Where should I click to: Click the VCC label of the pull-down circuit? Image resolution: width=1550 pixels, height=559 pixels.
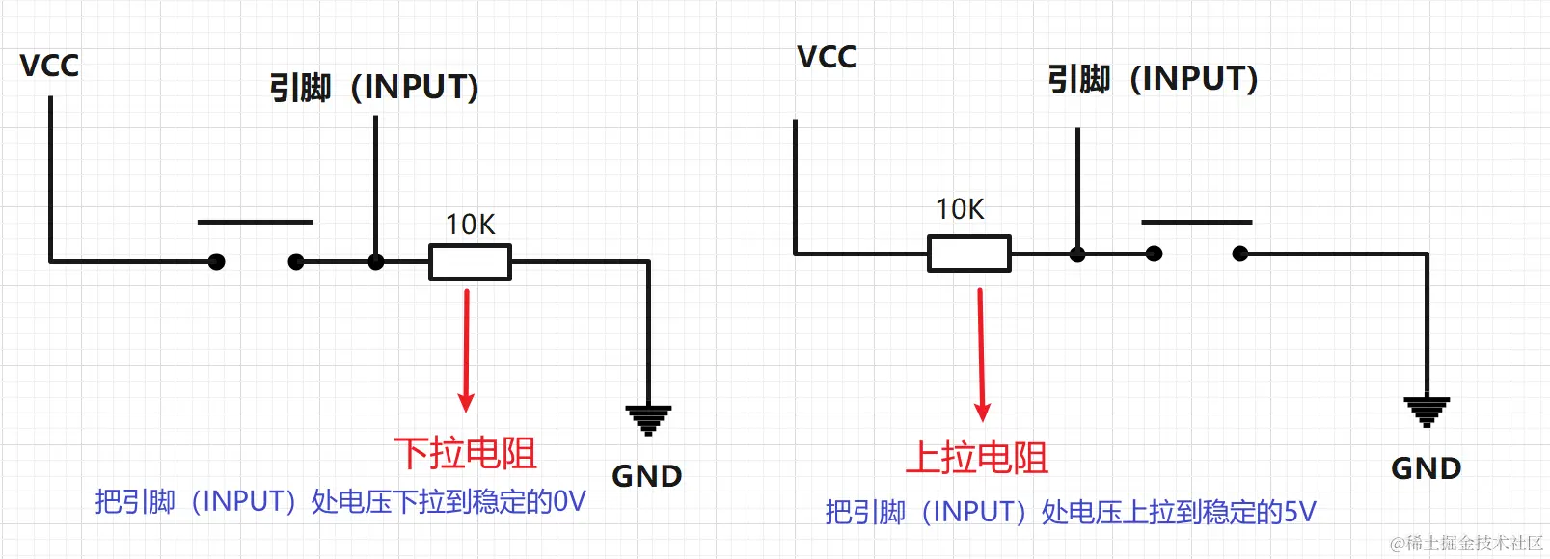(49, 66)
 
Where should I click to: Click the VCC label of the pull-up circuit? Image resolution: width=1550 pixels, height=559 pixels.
(827, 57)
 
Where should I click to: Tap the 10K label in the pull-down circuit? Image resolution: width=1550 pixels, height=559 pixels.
(470, 225)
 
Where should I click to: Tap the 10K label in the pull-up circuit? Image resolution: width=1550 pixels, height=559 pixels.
(960, 209)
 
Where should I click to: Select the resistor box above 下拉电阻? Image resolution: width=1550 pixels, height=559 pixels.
(470, 262)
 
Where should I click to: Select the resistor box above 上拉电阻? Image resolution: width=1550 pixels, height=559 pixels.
(969, 253)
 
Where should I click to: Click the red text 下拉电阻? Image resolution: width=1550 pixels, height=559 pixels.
(465, 453)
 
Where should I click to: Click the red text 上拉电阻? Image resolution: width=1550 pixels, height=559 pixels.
(976, 457)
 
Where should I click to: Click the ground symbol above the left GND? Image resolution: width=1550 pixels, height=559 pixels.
(648, 420)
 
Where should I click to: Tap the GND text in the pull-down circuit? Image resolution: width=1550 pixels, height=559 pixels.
(646, 476)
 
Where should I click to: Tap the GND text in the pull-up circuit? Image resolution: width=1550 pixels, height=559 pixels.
(1426, 468)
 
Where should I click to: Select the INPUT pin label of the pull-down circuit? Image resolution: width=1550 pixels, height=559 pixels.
(374, 88)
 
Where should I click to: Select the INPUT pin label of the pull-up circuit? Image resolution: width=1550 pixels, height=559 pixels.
(1153, 79)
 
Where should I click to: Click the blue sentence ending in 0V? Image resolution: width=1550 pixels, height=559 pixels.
(340, 501)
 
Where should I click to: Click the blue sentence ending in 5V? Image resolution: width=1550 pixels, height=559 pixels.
(1070, 512)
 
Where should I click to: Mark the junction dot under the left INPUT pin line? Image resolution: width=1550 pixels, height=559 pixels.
(376, 262)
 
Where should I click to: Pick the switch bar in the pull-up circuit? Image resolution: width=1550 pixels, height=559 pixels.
(1196, 222)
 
